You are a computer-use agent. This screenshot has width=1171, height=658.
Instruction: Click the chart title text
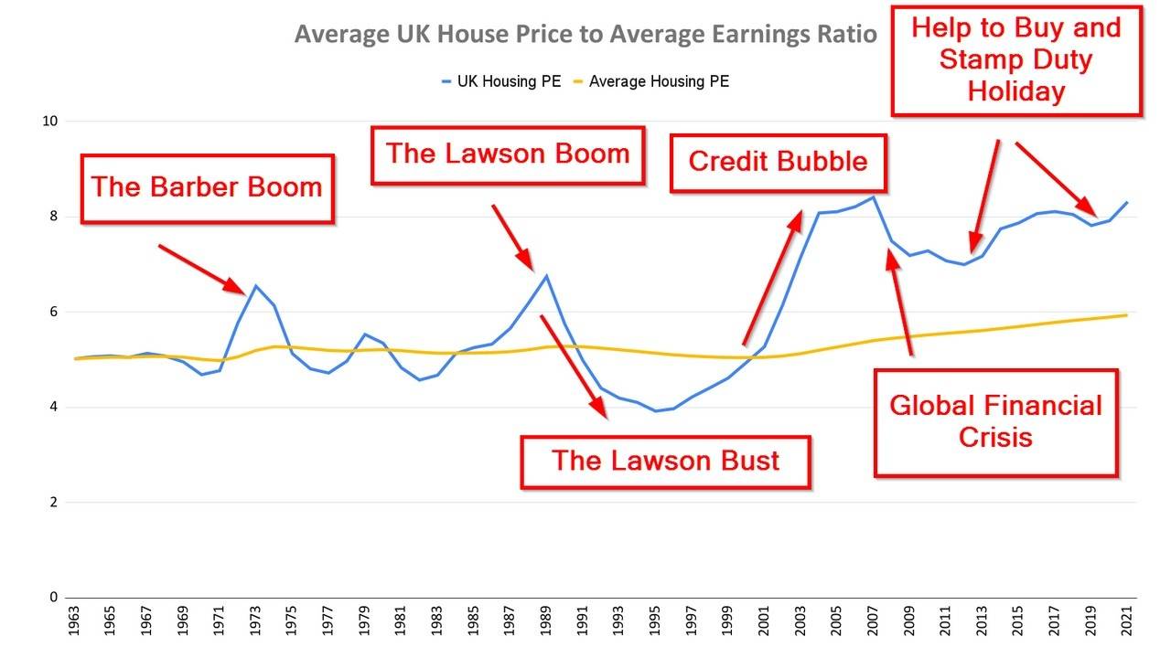tap(585, 35)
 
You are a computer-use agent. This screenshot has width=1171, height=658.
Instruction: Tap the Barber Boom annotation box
tap(207, 188)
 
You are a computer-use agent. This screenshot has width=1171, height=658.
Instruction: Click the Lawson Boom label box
tap(508, 154)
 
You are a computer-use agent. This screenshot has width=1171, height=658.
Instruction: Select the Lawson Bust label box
tap(665, 460)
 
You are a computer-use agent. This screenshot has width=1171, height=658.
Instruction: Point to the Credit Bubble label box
tap(778, 162)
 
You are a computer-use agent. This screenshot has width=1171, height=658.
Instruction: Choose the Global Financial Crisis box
tap(995, 421)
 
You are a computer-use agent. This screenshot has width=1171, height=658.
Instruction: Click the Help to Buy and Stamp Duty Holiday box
tap(1015, 60)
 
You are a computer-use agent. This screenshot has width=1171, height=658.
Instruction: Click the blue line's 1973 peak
tap(256, 286)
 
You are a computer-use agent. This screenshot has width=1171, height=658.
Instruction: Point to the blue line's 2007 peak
tap(873, 196)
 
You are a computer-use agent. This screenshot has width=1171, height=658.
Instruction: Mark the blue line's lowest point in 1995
tap(655, 410)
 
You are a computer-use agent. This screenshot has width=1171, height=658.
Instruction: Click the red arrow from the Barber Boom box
tap(202, 269)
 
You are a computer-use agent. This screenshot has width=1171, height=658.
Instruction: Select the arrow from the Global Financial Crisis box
tap(898, 302)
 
